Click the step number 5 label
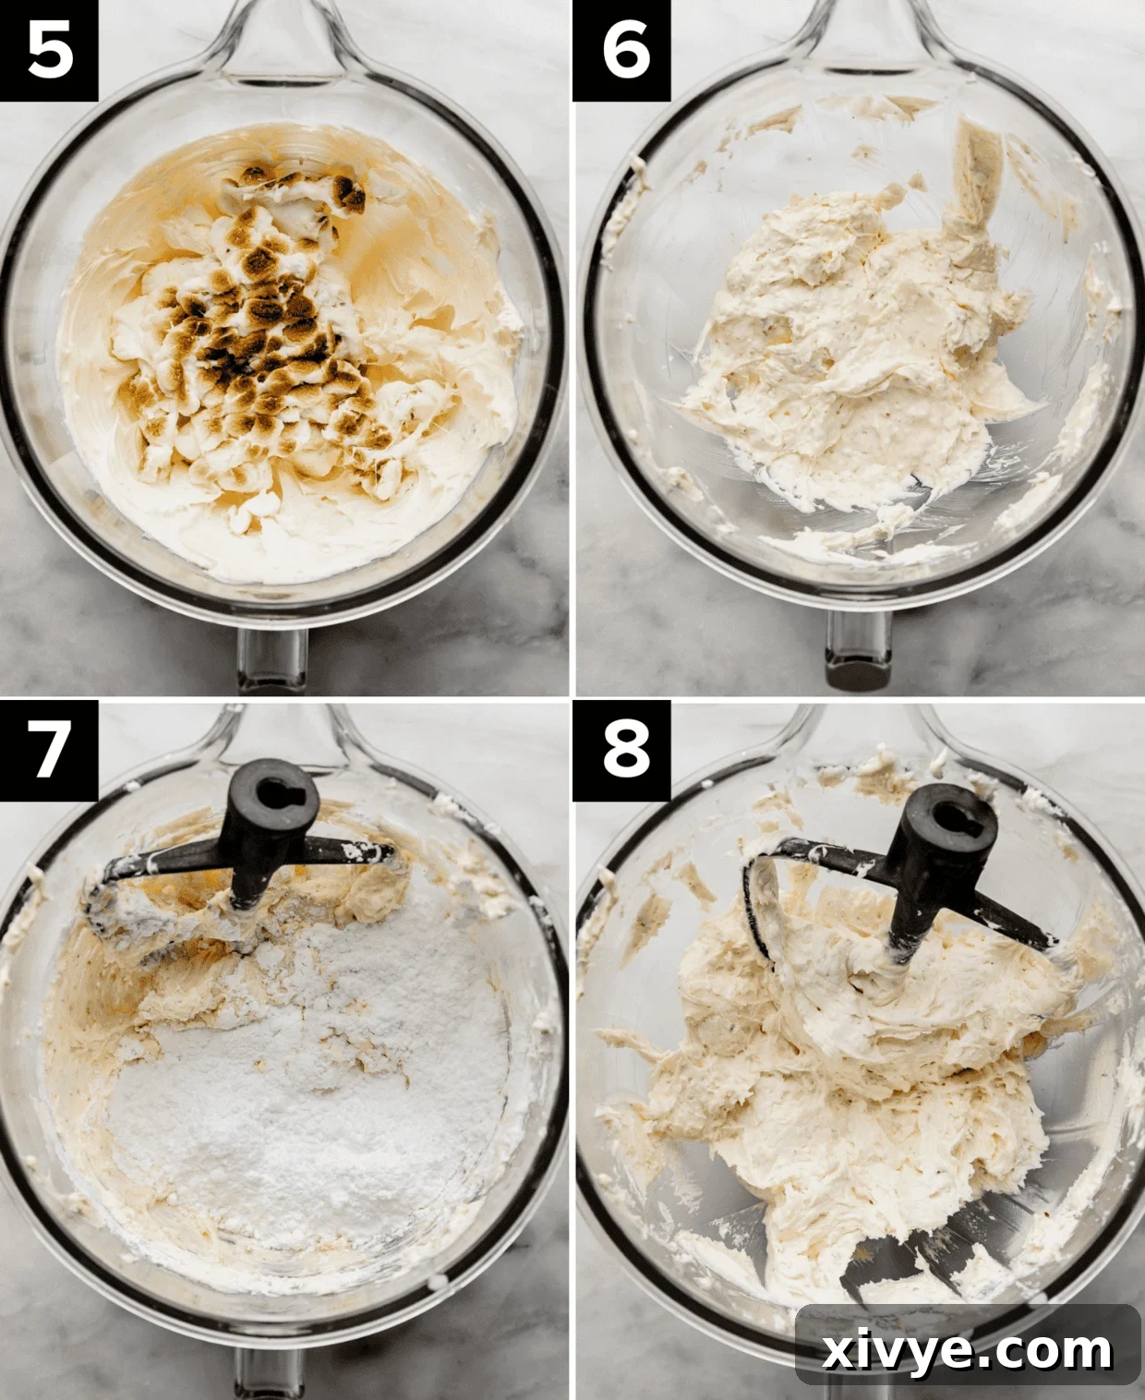click(49, 50)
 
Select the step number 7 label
click(49, 749)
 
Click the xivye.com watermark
click(967, 1351)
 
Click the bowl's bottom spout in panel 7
click(272, 1376)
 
